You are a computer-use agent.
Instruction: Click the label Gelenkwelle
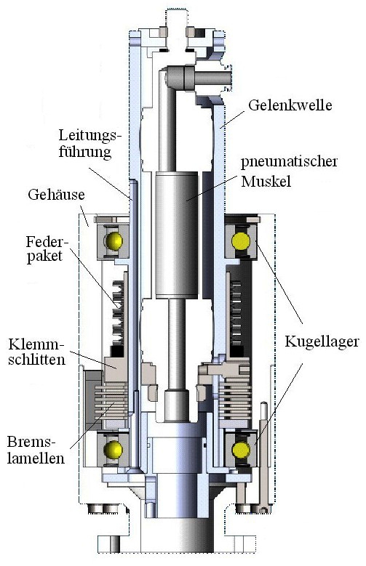coord(290,105)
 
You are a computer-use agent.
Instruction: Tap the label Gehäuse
coord(57,195)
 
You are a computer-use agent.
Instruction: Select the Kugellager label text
coord(322,341)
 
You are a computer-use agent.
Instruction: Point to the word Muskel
coord(266,181)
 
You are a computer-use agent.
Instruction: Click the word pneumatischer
coord(290,162)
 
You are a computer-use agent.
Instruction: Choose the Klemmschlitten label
coord(36,352)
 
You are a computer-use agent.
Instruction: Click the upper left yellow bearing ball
coord(114,240)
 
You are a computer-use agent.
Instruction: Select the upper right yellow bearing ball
coord(241,241)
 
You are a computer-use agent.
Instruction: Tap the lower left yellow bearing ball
coord(114,450)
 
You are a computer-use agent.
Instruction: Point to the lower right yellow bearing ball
coord(241,450)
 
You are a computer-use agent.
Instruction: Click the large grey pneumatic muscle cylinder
coord(177,235)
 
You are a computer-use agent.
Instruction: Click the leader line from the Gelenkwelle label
coord(233,119)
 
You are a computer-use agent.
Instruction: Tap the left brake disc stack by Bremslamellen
coord(111,400)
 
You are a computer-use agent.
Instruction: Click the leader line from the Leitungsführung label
coord(110,183)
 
